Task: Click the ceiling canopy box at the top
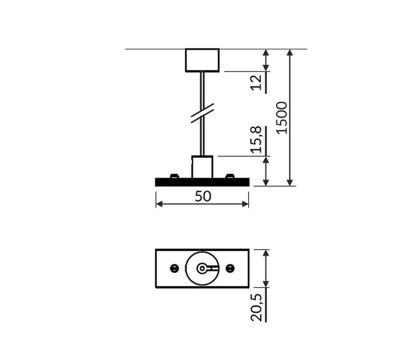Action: click(202, 60)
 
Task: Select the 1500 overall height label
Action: click(281, 117)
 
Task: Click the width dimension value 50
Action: click(202, 197)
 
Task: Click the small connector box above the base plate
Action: click(202, 167)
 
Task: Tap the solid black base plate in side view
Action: click(202, 182)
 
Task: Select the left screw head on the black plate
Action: click(173, 176)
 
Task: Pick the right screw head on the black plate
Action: click(231, 176)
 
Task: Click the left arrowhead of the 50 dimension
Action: click(160, 204)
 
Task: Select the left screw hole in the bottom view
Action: click(173, 268)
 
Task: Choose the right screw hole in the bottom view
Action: click(231, 268)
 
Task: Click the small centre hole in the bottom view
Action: click(202, 268)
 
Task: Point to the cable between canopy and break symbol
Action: click(202, 88)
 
